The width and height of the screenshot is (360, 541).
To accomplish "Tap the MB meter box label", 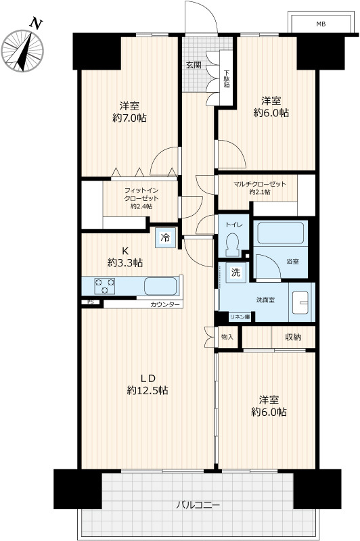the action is coord(321,24).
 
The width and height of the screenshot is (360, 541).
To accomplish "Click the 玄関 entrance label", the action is coord(194,64).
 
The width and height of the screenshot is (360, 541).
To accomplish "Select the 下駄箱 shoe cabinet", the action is coord(227,78).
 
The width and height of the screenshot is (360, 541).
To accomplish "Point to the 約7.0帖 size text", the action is coord(129,118).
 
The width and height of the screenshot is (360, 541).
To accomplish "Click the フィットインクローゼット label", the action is coord(141,194).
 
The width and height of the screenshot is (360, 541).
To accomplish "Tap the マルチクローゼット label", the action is coord(260,184).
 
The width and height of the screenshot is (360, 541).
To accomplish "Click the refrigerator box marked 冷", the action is coord(165,237).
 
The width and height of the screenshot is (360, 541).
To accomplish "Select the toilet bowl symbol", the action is coord(233,244).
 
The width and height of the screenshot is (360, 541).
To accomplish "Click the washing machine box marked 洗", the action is coord(235,273).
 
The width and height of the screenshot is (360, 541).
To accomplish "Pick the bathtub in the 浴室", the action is coord(281,233).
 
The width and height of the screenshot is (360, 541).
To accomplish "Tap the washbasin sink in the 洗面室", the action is coord(300,302).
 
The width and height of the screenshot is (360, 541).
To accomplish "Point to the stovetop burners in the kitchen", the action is coord(105,286).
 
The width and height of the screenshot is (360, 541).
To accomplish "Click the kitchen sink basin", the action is coord(160,286).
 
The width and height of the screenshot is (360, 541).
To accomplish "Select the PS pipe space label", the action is coord(91,302).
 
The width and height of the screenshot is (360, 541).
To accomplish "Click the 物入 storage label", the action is coord(227,337).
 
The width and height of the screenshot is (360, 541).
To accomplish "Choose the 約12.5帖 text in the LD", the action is coord(148,390).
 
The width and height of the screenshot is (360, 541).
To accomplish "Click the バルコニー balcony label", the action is coord(198,505).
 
